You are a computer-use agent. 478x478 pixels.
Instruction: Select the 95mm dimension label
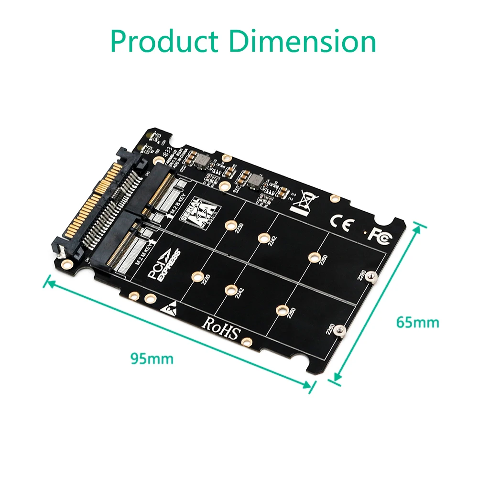point(152,358)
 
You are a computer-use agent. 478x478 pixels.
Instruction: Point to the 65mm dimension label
point(417,322)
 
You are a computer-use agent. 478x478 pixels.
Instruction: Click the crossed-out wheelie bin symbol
point(303,204)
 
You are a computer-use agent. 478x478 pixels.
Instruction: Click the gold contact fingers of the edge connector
point(91,201)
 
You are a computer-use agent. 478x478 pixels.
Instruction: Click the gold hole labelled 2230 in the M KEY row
point(196,276)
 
